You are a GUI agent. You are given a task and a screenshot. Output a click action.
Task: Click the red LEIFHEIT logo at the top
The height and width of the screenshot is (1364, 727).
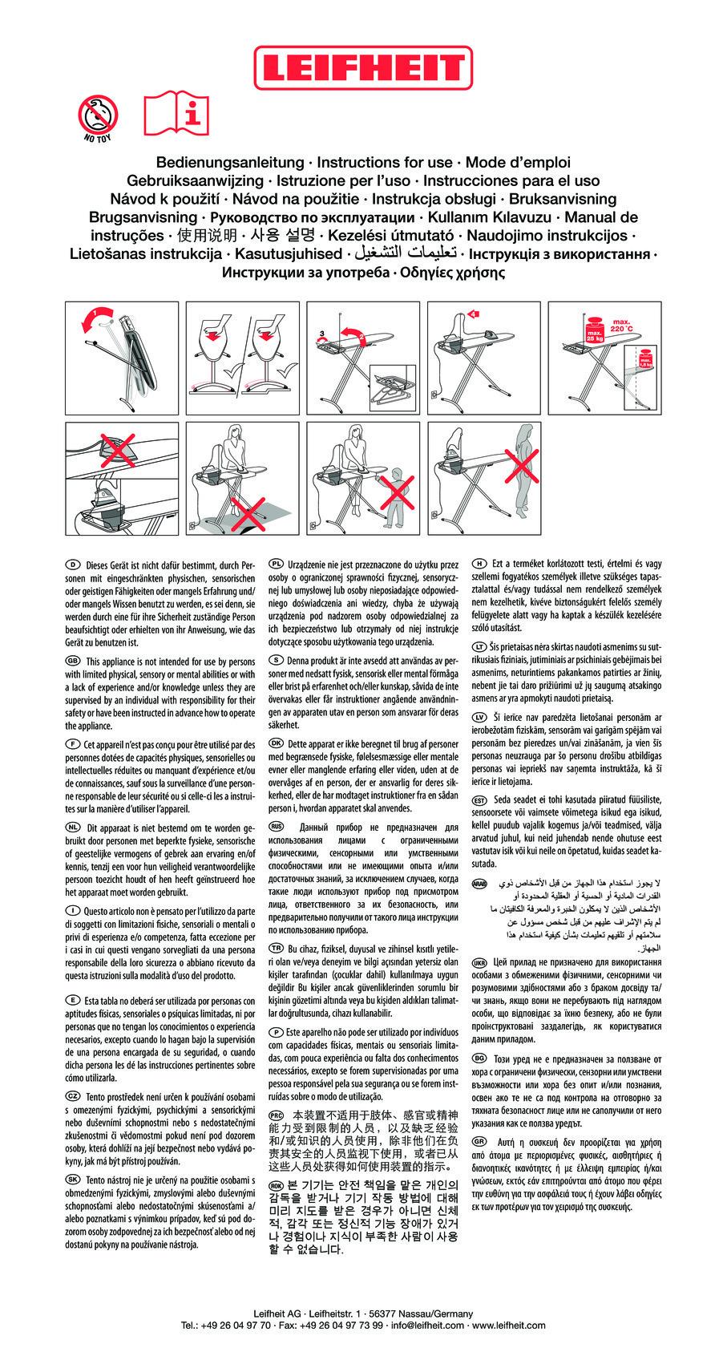click(x=364, y=67)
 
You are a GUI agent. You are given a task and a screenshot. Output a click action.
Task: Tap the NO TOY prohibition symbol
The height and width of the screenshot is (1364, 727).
click(x=98, y=114)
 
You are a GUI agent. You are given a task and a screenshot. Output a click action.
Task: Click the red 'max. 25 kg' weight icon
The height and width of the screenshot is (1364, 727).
click(x=595, y=331)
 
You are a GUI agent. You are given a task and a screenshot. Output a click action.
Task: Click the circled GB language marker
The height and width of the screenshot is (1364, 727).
click(x=70, y=661)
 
